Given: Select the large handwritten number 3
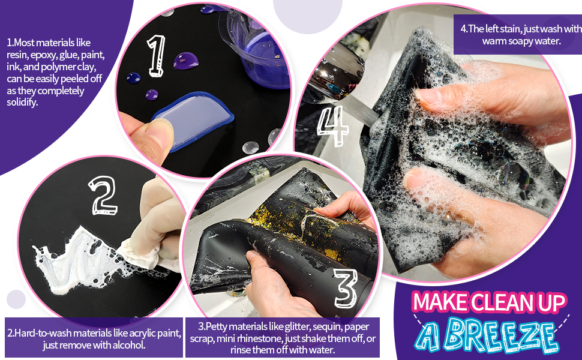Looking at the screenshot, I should [345, 289].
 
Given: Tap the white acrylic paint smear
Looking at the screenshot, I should [72, 252].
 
